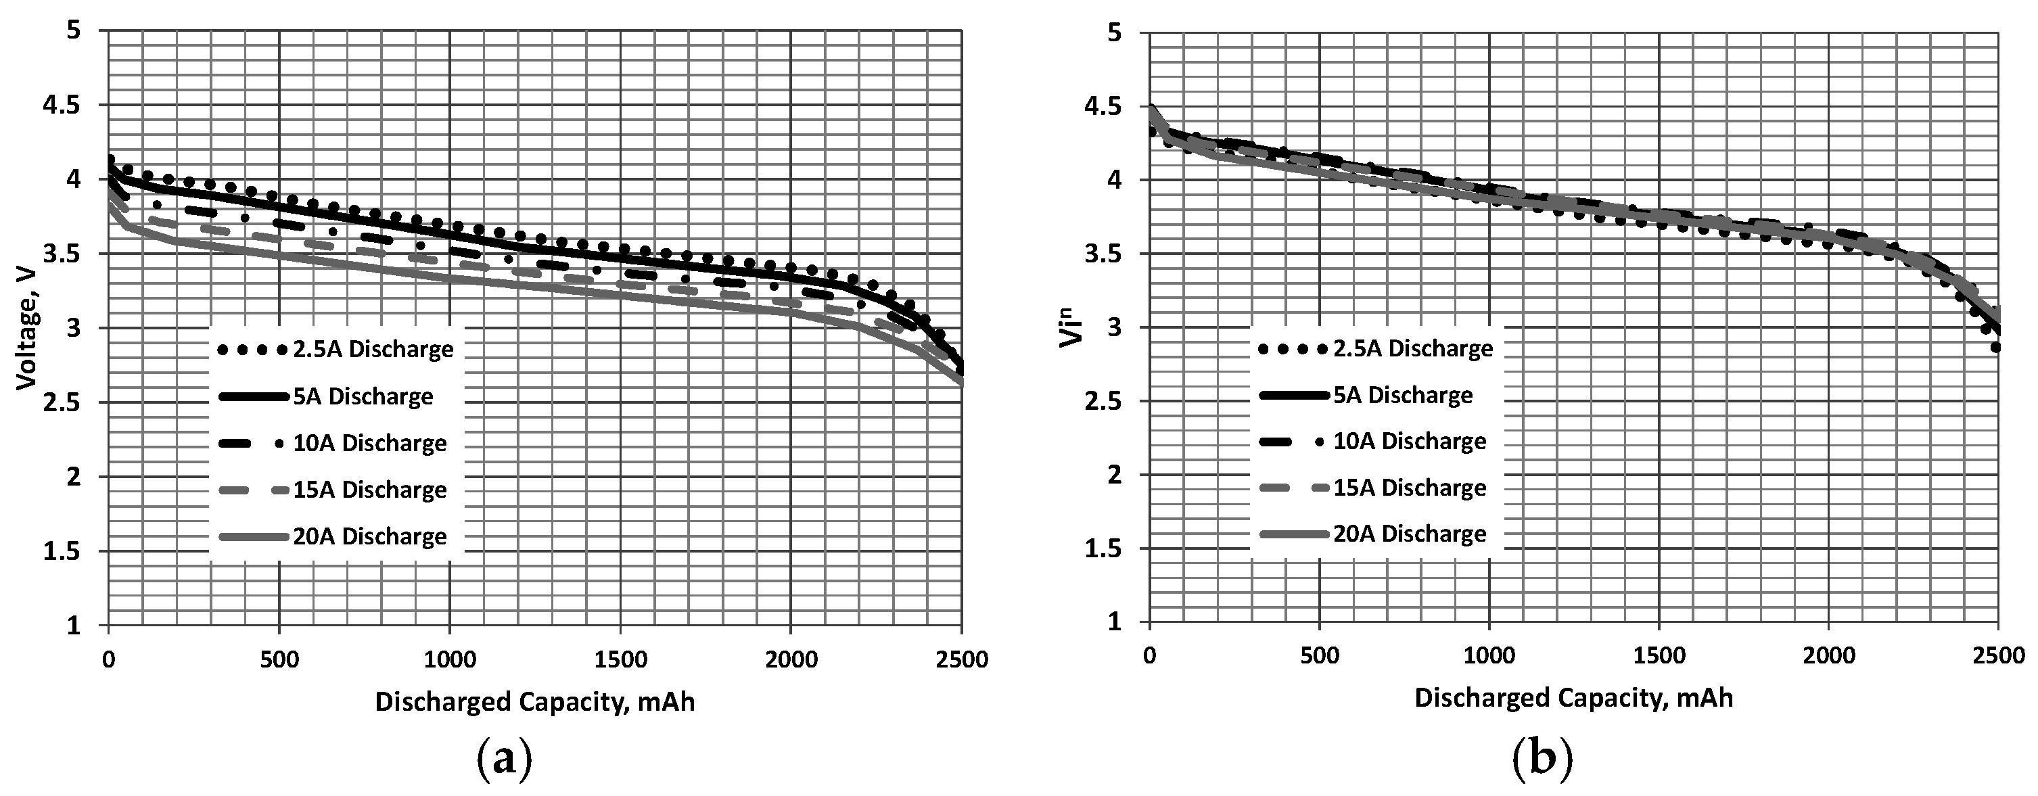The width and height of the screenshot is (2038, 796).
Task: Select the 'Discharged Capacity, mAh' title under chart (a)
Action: tap(535, 702)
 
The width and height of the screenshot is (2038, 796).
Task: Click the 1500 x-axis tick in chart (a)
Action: tap(620, 659)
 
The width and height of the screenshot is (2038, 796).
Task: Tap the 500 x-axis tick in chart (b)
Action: tap(1320, 656)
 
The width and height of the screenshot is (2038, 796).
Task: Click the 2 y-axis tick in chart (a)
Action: tap(74, 476)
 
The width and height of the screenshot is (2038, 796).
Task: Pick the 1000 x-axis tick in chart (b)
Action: tap(1489, 656)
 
